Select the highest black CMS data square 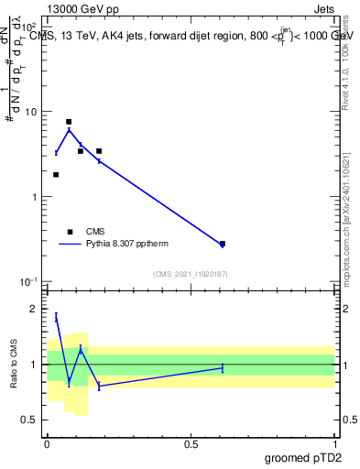pos(69,122)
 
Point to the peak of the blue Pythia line pos(69,130)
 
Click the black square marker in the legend pos(69,232)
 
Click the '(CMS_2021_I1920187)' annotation pos(191,274)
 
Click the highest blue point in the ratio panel pos(57,317)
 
